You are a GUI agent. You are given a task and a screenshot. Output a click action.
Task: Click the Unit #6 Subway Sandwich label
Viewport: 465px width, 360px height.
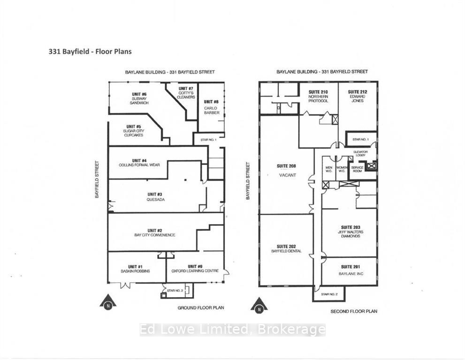pyautogui.click(x=139, y=98)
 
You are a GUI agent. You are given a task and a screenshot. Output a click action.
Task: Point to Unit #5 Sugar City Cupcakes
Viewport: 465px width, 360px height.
pyautogui.click(x=133, y=131)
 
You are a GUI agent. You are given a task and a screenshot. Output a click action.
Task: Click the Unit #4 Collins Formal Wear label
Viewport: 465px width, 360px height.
pyautogui.click(x=140, y=163)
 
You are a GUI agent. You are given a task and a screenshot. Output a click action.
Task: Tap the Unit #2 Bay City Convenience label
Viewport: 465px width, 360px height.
pyautogui.click(x=154, y=232)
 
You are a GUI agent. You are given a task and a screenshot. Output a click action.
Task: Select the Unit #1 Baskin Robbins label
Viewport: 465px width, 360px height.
pyautogui.click(x=136, y=268)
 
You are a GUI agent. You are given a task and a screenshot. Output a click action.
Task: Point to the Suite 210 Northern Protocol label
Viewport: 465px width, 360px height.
pyautogui.click(x=318, y=96)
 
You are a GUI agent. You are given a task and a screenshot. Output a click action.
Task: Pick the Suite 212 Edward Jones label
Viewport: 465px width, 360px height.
pyautogui.click(x=357, y=96)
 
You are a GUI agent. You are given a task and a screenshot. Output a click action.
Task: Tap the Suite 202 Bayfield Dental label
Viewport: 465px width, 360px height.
pyautogui.click(x=286, y=249)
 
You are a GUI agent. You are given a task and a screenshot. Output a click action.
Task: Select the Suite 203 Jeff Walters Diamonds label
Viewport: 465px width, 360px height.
pyautogui.click(x=350, y=232)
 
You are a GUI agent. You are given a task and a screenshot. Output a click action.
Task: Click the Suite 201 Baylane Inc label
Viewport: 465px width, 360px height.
pyautogui.click(x=350, y=270)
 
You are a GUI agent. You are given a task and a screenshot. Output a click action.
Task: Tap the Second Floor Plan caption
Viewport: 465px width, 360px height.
pyautogui.click(x=354, y=311)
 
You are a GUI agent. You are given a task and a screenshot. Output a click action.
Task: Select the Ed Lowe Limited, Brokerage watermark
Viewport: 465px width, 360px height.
pyautogui.click(x=232, y=330)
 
